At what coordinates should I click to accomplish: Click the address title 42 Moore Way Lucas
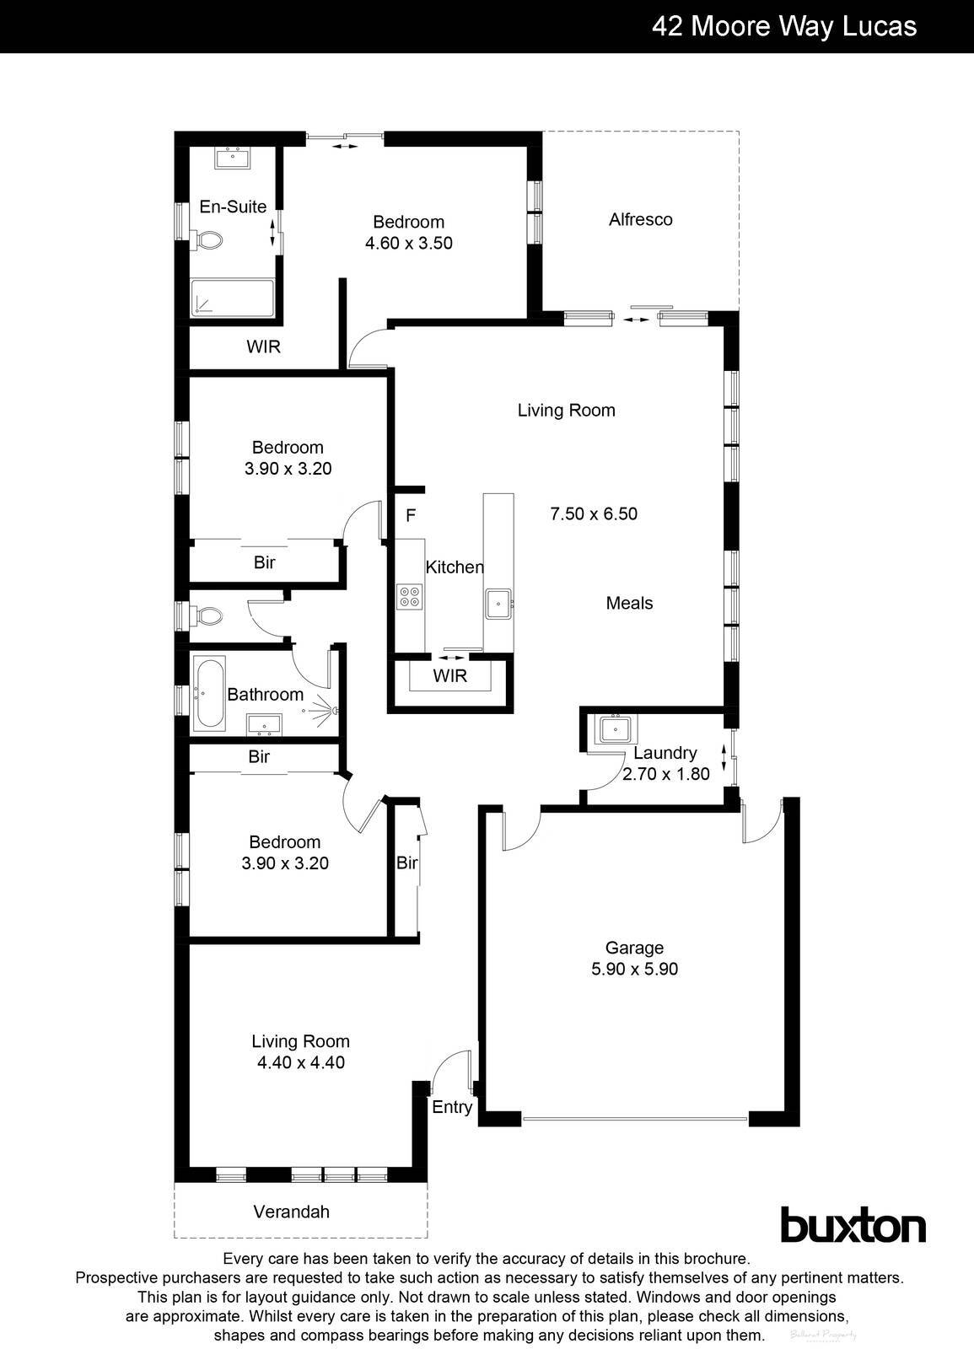(x=783, y=26)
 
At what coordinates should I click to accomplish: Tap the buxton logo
(x=853, y=1225)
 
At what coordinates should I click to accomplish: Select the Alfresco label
(x=641, y=219)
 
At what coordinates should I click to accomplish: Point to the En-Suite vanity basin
(x=232, y=158)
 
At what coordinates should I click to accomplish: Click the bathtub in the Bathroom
(x=208, y=693)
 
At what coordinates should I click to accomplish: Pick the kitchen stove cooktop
(x=410, y=596)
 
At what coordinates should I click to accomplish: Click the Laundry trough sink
(x=616, y=728)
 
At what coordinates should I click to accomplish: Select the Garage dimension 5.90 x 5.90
(x=634, y=969)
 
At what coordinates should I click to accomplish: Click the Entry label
(x=452, y=1107)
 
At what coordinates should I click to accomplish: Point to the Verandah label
(x=292, y=1212)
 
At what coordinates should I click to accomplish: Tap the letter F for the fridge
(x=411, y=515)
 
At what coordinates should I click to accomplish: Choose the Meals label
(x=629, y=603)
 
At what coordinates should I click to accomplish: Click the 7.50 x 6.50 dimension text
(x=594, y=513)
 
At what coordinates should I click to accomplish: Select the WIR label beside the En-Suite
(x=263, y=347)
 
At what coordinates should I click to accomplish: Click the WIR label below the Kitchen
(x=449, y=675)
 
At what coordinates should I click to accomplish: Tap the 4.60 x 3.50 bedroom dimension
(x=409, y=243)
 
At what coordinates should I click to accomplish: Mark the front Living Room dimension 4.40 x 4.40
(x=301, y=1062)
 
